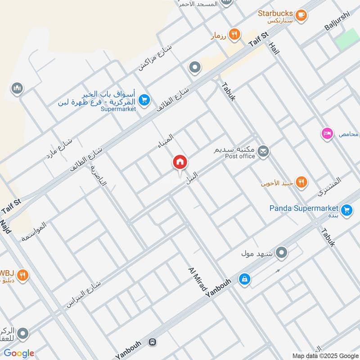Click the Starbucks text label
275,13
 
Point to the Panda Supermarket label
304,208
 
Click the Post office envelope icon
264,151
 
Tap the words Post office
240,156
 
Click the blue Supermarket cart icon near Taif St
144,100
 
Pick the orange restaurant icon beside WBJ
23,274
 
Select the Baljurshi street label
337,21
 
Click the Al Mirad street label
197,281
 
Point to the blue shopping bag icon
244,279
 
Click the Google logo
19,353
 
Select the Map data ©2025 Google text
325,355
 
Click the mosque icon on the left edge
17,87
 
